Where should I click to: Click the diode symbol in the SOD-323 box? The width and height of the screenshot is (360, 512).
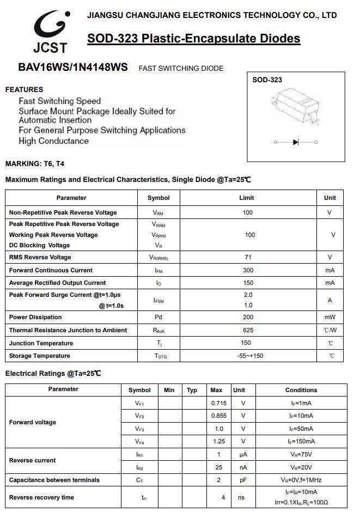(x=296, y=142)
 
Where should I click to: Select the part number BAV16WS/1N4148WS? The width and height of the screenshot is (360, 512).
(x=73, y=68)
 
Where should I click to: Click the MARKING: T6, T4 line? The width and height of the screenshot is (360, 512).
(x=35, y=163)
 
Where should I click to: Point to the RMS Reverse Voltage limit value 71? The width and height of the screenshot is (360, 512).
(x=247, y=257)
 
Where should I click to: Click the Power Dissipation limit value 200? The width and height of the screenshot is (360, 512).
(x=248, y=317)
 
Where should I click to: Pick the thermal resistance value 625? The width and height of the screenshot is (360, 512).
(x=248, y=330)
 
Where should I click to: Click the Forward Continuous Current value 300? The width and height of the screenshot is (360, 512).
(x=248, y=270)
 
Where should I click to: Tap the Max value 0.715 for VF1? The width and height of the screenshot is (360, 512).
(x=218, y=403)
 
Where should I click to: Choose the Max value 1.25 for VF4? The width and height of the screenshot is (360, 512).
(x=218, y=441)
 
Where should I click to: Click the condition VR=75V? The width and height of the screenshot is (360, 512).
(x=301, y=454)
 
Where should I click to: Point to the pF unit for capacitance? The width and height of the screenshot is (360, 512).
(x=243, y=480)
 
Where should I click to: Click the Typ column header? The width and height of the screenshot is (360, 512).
(x=192, y=390)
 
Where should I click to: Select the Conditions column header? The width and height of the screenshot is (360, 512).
(x=301, y=390)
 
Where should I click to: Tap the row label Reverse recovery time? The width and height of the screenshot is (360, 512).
(x=41, y=497)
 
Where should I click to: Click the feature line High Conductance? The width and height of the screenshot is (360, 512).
(x=53, y=141)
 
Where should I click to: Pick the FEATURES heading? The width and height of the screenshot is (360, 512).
(x=24, y=89)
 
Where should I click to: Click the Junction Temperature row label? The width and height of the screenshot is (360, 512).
(x=41, y=343)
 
